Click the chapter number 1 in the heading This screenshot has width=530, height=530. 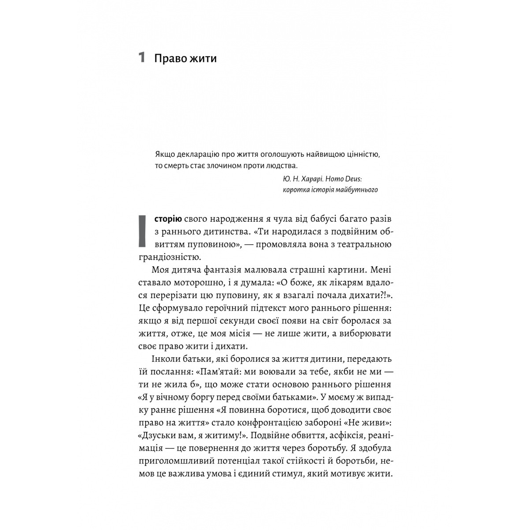click(x=141, y=57)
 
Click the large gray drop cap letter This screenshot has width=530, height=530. click(x=142, y=231)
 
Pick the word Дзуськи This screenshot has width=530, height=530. click(x=159, y=435)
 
